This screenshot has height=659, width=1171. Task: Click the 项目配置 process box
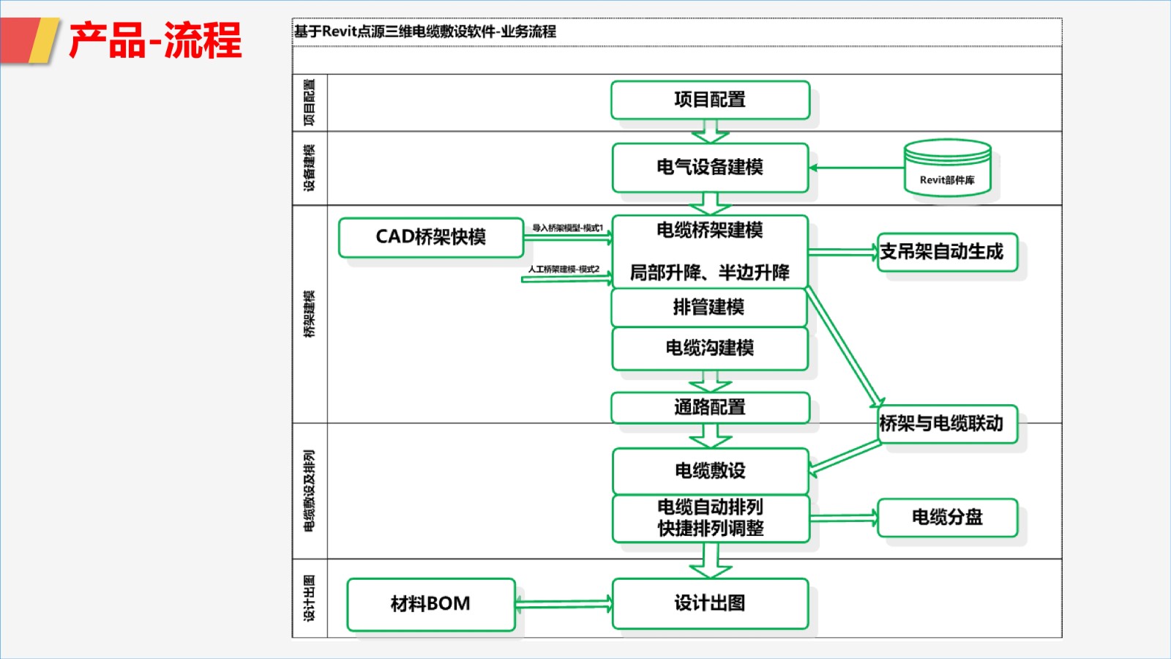(x=710, y=100)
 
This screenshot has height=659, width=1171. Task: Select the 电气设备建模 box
(x=710, y=168)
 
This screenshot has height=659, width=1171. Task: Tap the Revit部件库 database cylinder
(x=947, y=168)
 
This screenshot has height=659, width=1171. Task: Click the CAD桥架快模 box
(x=430, y=237)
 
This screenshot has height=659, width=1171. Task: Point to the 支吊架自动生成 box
(x=947, y=252)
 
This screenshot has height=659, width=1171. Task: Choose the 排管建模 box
(x=708, y=308)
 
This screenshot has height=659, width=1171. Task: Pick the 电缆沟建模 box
(x=710, y=348)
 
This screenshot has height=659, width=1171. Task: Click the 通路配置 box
(x=710, y=407)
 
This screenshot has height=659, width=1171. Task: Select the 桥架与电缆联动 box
(x=947, y=423)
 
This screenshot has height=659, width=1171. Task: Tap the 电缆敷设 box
(x=710, y=471)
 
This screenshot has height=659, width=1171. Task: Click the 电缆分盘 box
(x=947, y=517)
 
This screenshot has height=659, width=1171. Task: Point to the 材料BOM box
(x=430, y=604)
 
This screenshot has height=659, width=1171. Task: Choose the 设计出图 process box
(x=710, y=603)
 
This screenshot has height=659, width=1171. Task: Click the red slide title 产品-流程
(x=155, y=40)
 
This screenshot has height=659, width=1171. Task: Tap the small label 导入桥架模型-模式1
(x=567, y=228)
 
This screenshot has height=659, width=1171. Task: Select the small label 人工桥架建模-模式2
(x=564, y=269)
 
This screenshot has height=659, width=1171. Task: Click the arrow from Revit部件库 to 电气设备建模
(x=856, y=168)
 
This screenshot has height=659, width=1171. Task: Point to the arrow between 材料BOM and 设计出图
(x=564, y=604)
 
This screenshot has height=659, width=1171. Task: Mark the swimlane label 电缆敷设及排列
(x=310, y=491)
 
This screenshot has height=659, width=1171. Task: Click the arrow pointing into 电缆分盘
(x=843, y=518)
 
